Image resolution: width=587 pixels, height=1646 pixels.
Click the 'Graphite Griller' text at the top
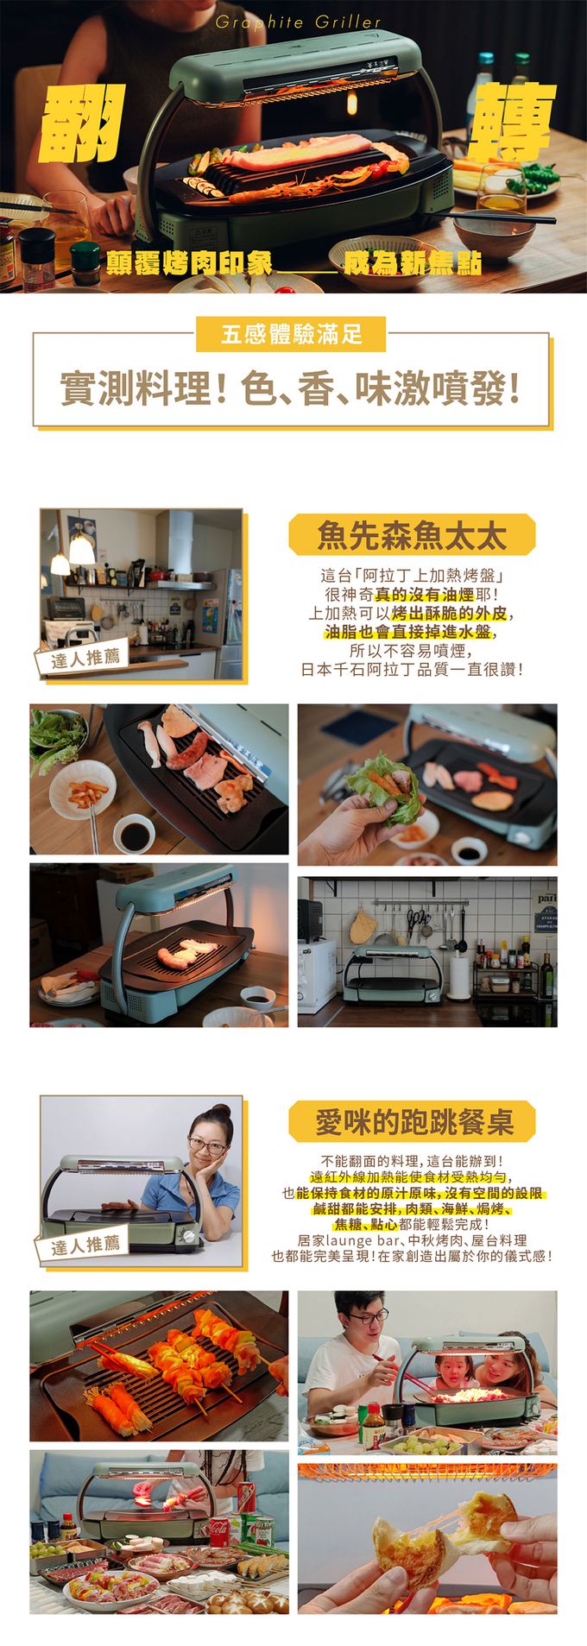point(298,22)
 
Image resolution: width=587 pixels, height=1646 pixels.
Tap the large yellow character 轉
point(511,123)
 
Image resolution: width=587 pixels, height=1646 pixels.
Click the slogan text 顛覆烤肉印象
point(189,262)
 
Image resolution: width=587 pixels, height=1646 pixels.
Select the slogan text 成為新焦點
point(412,262)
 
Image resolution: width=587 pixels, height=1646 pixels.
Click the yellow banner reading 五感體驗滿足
point(291,334)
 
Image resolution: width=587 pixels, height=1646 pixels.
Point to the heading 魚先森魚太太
point(411,535)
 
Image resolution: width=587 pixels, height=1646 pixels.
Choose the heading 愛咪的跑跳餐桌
point(413,1122)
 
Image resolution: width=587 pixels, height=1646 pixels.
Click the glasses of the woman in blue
point(207,1147)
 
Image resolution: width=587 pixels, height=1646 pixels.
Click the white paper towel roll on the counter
point(460,976)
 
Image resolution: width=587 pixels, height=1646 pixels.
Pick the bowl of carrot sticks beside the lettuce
point(82,791)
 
